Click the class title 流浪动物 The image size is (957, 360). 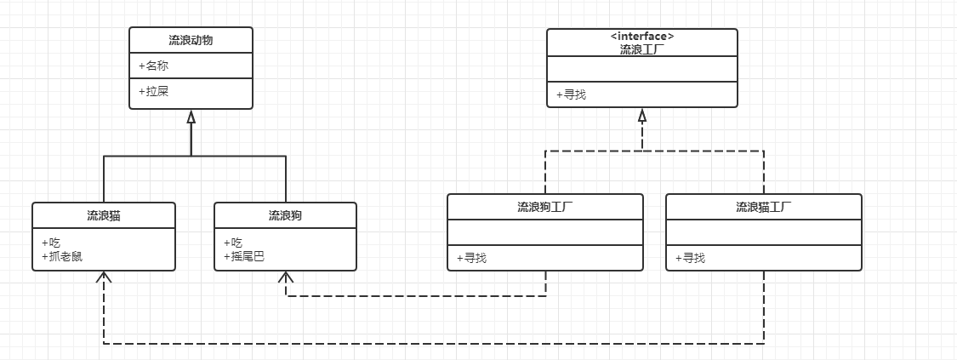click(191, 40)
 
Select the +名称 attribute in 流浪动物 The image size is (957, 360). click(152, 66)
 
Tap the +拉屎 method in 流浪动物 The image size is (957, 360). click(152, 90)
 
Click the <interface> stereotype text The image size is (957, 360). click(642, 37)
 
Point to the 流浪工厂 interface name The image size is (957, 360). click(642, 49)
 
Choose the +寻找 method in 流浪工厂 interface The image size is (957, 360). click(571, 94)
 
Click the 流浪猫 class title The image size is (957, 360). click(104, 215)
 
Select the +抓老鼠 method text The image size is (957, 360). click(62, 255)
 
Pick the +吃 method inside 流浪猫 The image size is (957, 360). click(50, 243)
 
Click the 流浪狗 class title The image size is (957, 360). click(285, 215)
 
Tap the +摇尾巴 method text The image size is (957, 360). click(244, 255)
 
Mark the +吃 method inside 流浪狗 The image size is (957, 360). click(232, 243)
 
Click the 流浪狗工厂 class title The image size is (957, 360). click(545, 207)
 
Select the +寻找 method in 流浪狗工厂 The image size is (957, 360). click(471, 258)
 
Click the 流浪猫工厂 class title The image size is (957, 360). click(764, 207)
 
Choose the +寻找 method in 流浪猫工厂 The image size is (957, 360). click(690, 258)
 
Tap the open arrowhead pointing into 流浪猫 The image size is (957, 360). click(104, 277)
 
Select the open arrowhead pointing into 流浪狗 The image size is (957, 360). click(286, 277)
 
